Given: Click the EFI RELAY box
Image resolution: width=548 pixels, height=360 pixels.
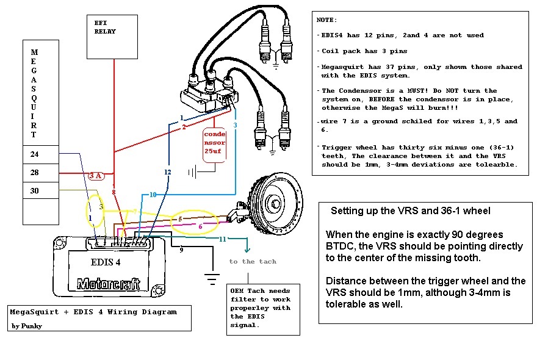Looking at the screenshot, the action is click(112, 37).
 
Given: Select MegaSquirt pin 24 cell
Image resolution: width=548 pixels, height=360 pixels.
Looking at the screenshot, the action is click(41, 154).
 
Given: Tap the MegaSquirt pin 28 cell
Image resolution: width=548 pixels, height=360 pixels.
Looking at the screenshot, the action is click(41, 173).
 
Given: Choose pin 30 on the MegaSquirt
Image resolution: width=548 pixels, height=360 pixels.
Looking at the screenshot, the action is click(41, 190).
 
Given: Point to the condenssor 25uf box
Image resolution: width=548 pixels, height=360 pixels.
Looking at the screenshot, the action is click(214, 145).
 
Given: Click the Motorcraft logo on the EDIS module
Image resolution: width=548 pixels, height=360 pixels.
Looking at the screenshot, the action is click(109, 284).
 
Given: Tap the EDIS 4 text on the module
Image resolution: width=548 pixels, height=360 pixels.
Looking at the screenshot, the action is click(106, 262).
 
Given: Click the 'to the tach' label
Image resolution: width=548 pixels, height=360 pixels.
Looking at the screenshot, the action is click(253, 261).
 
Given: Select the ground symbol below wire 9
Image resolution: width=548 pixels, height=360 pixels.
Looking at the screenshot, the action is click(212, 279).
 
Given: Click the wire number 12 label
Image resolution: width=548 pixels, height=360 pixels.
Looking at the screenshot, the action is click(168, 172).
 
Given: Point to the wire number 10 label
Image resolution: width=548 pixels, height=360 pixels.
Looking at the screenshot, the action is click(153, 195).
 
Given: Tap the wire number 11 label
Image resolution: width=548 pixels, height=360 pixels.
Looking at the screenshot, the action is click(223, 239).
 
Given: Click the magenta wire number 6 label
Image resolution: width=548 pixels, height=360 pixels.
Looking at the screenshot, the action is click(200, 226).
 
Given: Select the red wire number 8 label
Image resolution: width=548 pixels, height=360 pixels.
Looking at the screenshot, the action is click(114, 192).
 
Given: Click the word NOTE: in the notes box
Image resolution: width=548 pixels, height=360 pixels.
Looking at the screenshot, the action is click(326, 20).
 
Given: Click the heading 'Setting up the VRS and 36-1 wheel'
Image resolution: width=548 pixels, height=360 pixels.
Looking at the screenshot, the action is click(411, 211).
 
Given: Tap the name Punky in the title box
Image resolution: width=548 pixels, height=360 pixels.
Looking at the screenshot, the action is click(32, 326).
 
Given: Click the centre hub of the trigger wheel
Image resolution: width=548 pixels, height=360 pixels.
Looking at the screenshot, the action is click(275, 203).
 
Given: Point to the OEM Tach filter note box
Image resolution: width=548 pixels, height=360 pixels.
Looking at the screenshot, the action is click(263, 310).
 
